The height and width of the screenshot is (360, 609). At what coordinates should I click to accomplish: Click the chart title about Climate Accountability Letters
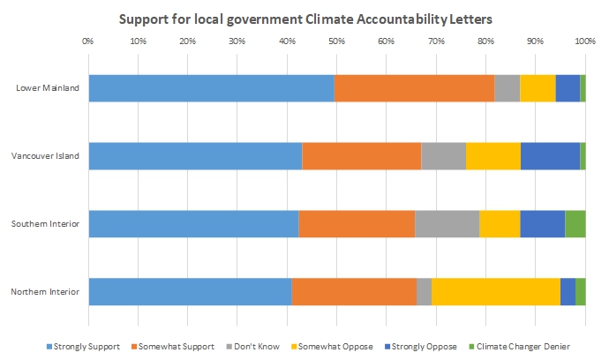(304, 19)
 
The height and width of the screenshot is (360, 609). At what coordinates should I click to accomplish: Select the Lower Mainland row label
(48, 88)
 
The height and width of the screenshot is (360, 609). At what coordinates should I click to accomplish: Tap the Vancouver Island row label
(45, 156)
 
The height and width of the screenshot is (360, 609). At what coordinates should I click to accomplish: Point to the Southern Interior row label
(47, 224)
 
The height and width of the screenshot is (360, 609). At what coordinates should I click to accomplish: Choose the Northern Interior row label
(47, 292)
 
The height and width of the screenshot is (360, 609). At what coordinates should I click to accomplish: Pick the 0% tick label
(87, 41)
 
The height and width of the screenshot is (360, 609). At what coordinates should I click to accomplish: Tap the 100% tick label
(584, 41)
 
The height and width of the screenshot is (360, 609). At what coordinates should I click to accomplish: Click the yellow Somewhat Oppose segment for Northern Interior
(495, 292)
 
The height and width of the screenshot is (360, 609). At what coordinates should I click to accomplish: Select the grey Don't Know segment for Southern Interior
(447, 224)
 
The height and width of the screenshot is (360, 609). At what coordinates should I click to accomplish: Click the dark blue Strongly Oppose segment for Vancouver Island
(550, 156)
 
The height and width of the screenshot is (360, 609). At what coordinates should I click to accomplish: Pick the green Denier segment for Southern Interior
(575, 224)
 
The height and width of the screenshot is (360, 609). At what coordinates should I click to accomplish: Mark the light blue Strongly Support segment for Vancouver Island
(195, 156)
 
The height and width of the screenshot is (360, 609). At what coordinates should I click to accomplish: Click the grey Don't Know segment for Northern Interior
(424, 292)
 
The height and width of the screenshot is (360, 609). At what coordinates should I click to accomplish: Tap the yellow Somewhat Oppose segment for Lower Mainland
(537, 88)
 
